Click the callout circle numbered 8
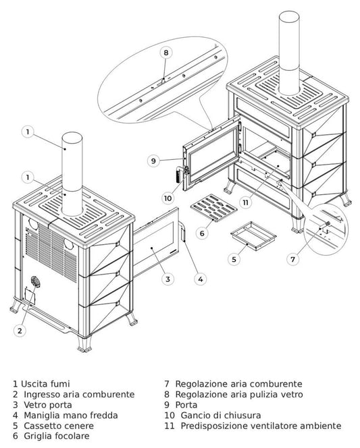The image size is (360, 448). (166, 52)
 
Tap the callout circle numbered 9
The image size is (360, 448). (153, 161)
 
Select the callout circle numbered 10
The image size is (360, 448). (168, 198)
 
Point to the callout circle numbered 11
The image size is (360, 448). (245, 202)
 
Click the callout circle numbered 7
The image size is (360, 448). (292, 259)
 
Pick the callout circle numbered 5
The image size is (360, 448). (234, 259)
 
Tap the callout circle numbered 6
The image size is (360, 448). (201, 233)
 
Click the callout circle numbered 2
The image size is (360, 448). (20, 331)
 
